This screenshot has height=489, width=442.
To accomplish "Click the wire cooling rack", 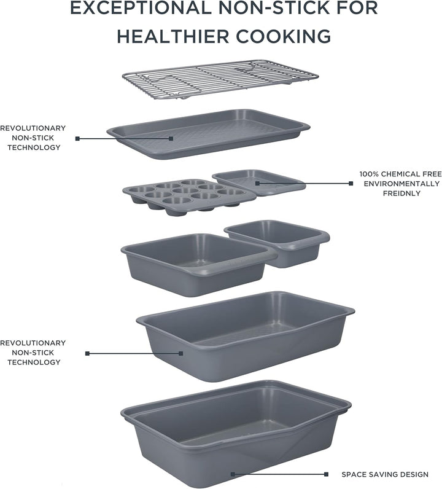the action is (x=220, y=79).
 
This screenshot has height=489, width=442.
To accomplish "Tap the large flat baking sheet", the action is (x=208, y=134).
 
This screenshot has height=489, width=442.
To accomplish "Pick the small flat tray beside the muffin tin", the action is (x=259, y=182).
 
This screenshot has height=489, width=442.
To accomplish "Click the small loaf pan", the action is (x=277, y=243).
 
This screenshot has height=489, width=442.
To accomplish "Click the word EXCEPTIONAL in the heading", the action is (x=140, y=8).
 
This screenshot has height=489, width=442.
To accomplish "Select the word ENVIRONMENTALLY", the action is (x=401, y=184).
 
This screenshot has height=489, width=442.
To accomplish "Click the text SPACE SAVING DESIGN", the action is (x=385, y=474).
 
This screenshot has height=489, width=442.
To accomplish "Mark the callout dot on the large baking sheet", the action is (x=171, y=138).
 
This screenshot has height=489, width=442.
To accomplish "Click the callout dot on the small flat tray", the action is (x=257, y=183).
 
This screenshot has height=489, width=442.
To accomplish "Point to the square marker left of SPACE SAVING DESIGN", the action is (x=326, y=474).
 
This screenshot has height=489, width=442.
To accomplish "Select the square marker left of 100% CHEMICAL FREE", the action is (x=351, y=183).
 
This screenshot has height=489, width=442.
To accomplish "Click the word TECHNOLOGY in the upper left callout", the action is (x=34, y=147).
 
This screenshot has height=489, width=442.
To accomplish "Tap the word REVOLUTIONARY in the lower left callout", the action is (x=33, y=343).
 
